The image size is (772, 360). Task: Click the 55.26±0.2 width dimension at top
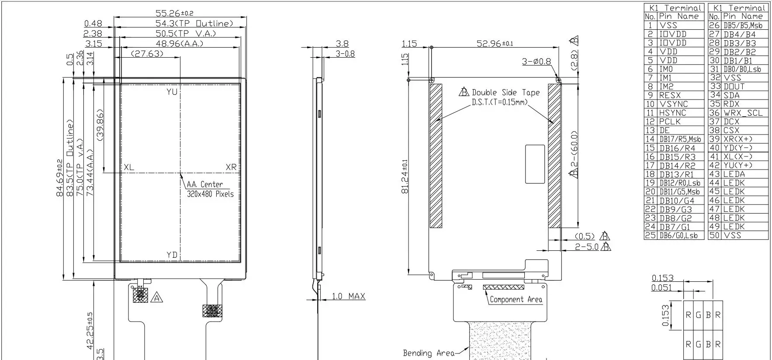click(x=174, y=14)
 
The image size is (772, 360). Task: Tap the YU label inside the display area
click(x=172, y=92)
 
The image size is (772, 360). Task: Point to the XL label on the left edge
click(x=129, y=167)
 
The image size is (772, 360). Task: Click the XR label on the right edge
click(x=231, y=167)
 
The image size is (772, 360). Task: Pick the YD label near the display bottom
click(x=172, y=255)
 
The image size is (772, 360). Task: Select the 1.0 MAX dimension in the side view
click(x=348, y=296)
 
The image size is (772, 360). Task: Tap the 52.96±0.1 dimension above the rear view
click(x=495, y=43)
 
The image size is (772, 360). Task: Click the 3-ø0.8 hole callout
click(x=536, y=62)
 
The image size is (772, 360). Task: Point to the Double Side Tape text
click(x=505, y=93)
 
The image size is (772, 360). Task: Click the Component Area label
click(x=516, y=300)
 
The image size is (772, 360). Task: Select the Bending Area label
click(x=428, y=353)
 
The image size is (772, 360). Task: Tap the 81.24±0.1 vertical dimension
click(x=405, y=177)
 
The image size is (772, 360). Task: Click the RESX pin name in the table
click(x=670, y=95)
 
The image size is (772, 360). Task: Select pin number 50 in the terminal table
click(x=714, y=235)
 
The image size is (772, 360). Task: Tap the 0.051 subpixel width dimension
click(x=661, y=287)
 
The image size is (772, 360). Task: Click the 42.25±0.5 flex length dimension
click(x=90, y=331)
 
